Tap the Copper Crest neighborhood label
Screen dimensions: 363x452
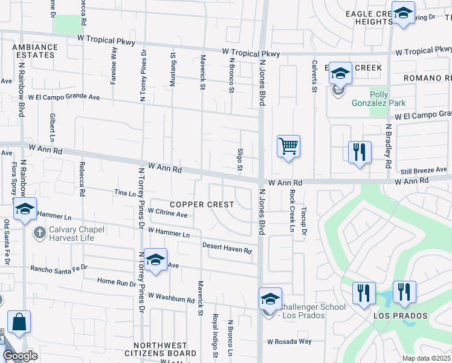202,204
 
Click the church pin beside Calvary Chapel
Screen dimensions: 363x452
40,233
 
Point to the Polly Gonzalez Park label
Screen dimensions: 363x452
378,99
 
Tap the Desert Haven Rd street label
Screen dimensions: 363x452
227,247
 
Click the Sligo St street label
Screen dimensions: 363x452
240,160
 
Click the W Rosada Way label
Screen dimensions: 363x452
290,341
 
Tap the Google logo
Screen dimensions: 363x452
20,356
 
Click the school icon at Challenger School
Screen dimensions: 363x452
270,299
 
